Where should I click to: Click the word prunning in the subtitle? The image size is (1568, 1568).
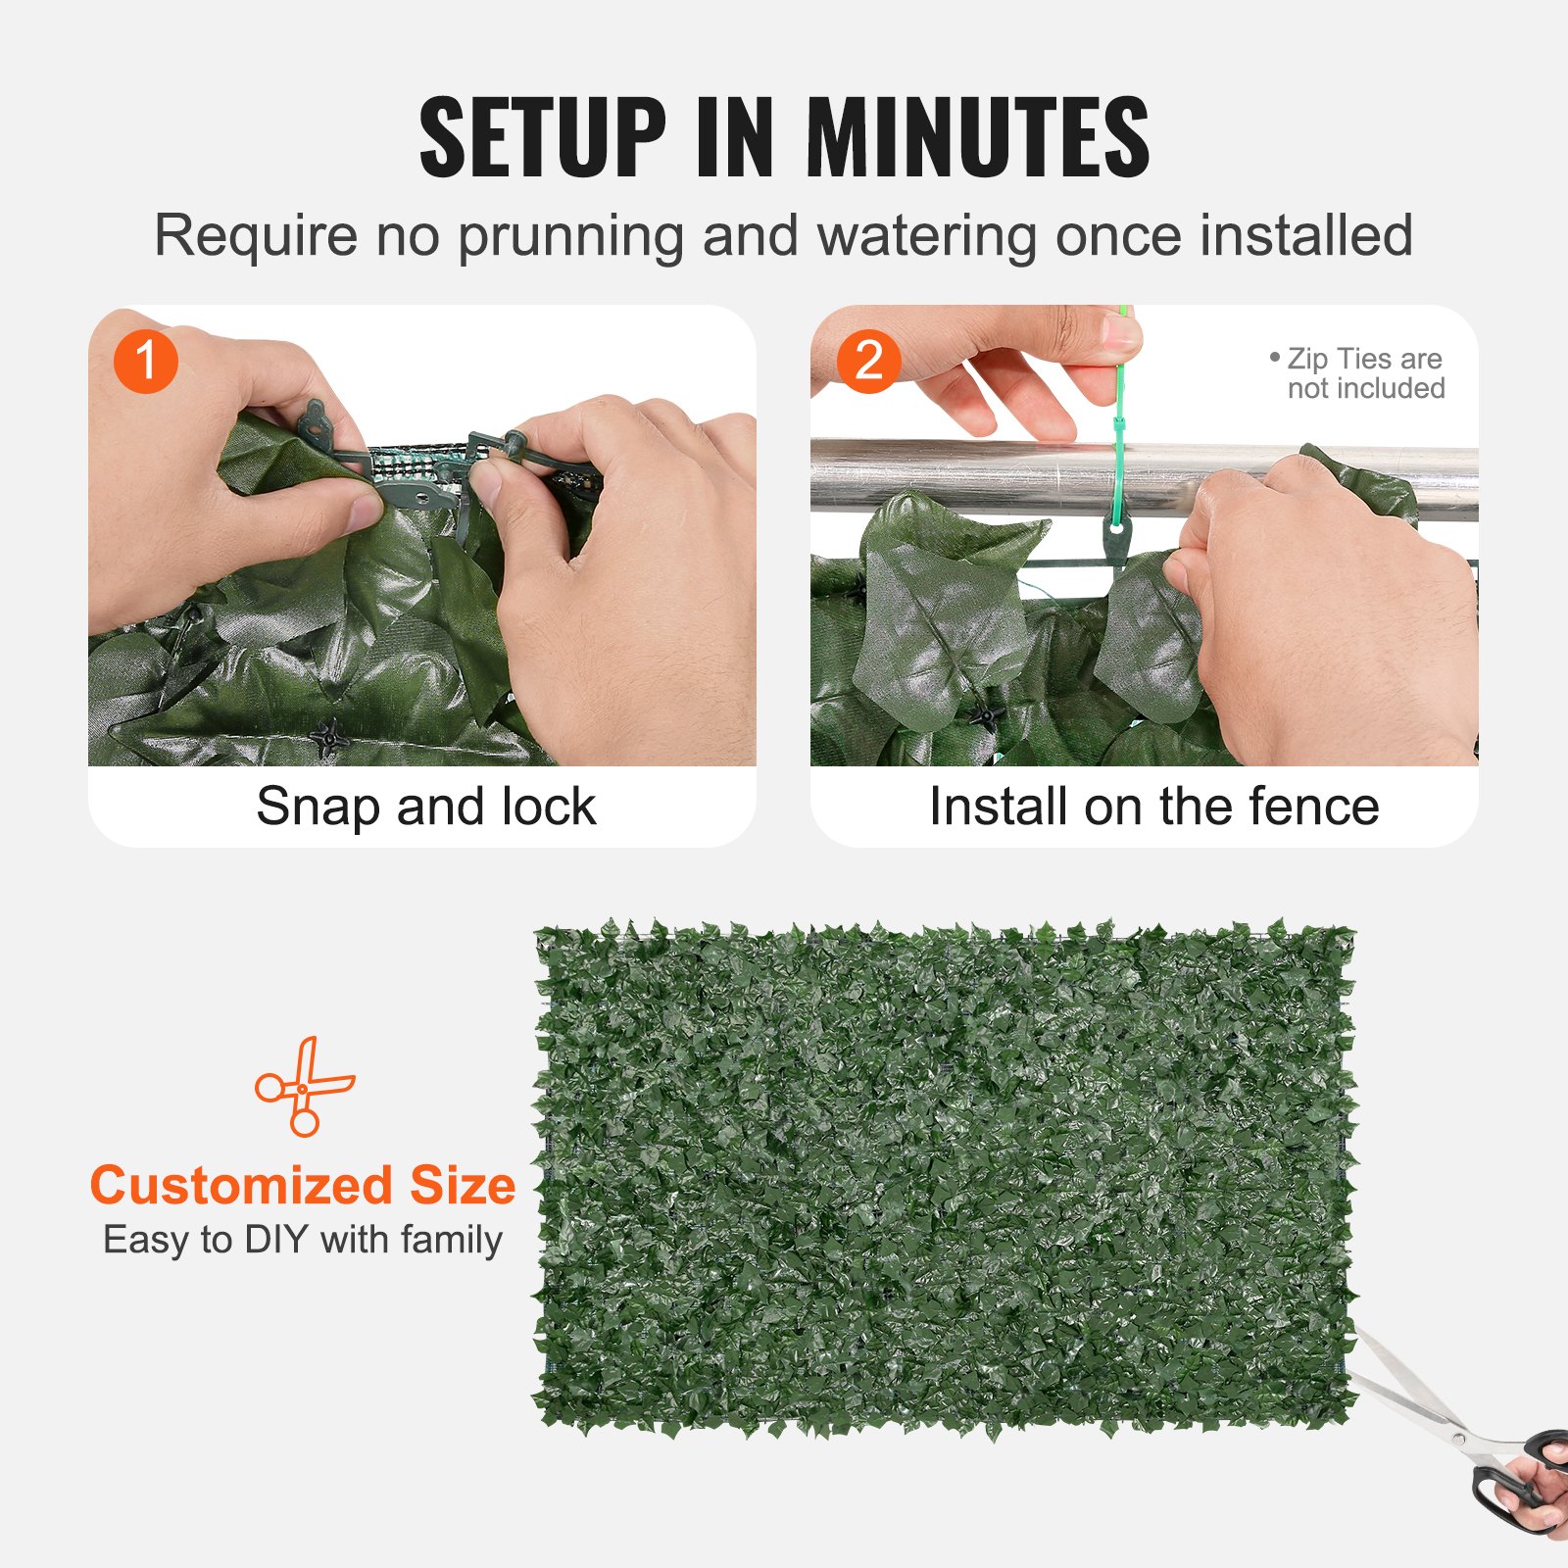[569, 237]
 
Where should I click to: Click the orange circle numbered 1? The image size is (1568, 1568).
[145, 361]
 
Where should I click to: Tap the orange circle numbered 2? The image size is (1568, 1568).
[868, 361]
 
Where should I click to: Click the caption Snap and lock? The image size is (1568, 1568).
[425, 807]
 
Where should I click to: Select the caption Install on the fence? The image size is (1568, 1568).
[1153, 807]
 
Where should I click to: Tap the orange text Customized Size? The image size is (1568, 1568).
[302, 1185]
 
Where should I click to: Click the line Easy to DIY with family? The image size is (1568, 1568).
[302, 1240]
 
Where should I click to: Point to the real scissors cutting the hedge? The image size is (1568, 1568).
[1441, 1421]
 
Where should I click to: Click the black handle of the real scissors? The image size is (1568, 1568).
[1514, 1480]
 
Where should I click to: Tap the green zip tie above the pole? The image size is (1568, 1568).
[1119, 392]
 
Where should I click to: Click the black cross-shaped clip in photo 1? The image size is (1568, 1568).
[328, 737]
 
